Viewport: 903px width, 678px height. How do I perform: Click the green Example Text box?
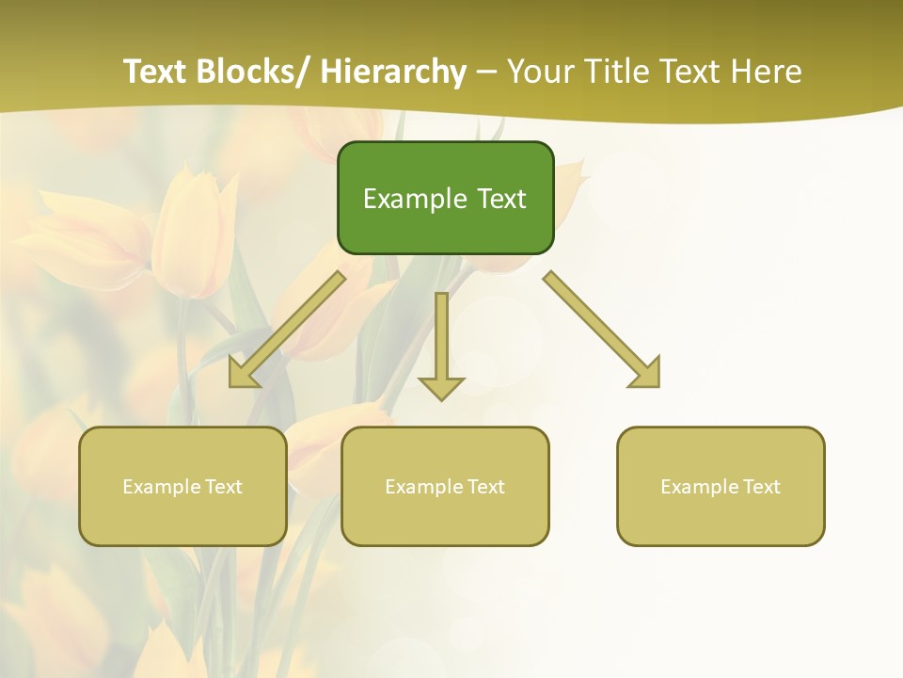[x=445, y=199]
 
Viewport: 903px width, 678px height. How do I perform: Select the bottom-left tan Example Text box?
[x=182, y=487]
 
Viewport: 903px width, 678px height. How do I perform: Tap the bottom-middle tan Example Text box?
[x=445, y=487]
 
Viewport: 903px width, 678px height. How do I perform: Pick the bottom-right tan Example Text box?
[x=721, y=487]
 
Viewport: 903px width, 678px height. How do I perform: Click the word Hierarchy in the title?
[x=393, y=72]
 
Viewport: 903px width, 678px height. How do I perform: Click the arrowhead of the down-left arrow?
[x=244, y=374]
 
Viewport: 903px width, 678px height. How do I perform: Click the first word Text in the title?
[x=156, y=72]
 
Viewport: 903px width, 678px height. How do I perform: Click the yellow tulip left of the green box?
[x=193, y=231]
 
